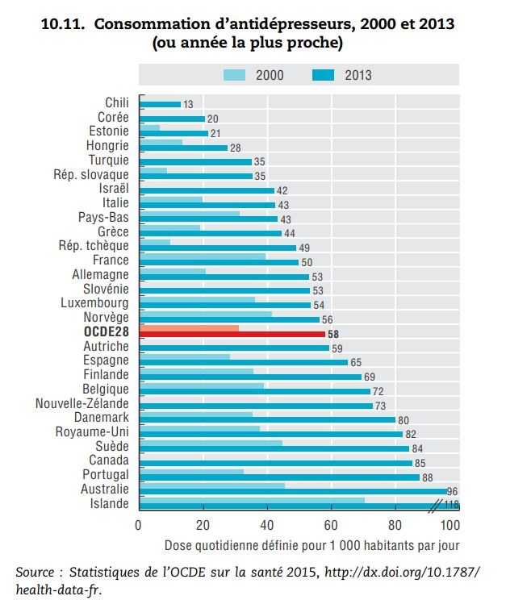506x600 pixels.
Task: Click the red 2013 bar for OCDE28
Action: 232,333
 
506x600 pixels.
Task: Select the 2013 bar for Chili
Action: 160,105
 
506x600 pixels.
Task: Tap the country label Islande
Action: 111,504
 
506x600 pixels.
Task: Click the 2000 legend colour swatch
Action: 233,75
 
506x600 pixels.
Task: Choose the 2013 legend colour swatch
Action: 322,75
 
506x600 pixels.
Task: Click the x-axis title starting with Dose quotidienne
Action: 313,545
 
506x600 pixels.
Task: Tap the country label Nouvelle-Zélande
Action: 82,403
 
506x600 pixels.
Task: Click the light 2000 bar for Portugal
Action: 191,472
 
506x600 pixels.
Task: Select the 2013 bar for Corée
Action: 172,119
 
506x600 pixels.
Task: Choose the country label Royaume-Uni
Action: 92,432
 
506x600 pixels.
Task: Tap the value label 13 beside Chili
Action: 188,105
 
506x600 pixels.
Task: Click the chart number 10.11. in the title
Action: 64,24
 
